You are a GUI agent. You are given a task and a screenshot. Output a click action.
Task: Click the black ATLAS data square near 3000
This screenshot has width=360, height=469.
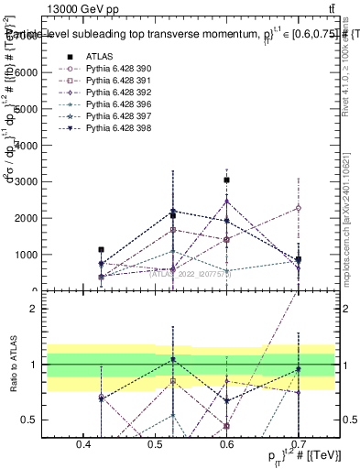coord(227,180)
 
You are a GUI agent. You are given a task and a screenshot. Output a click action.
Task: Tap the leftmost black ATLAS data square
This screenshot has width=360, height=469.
coord(102,249)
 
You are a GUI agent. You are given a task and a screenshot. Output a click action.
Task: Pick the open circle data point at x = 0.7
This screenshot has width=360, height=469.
coord(298,208)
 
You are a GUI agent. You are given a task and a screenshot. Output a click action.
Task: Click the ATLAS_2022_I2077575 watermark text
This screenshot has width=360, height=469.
coord(191,272)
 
